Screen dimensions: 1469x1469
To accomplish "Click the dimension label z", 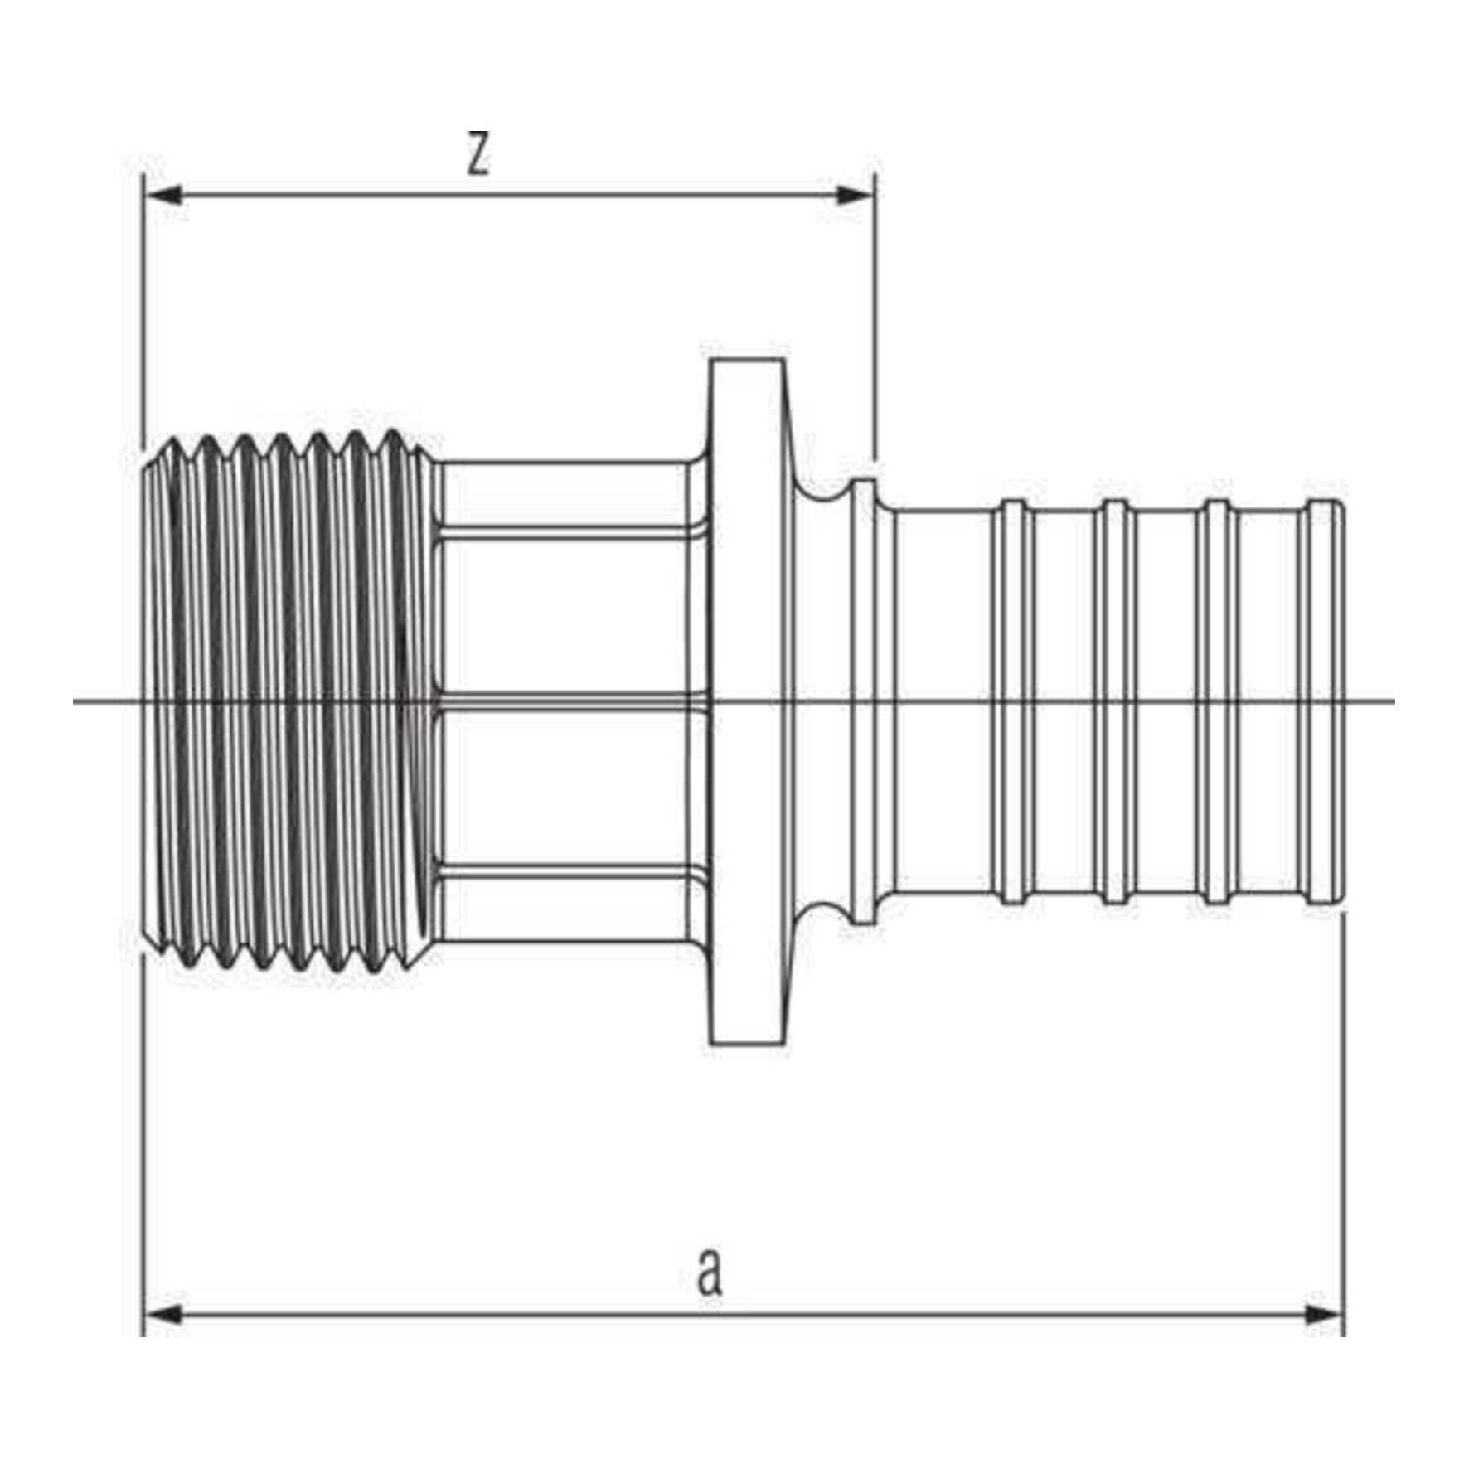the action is (x=478, y=154).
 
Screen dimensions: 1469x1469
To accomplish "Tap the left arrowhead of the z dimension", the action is (x=162, y=196).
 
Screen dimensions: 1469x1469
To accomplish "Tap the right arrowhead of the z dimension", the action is (x=856, y=196).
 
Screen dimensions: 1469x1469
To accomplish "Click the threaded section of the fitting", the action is (x=288, y=701).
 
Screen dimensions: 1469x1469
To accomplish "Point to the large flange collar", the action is (x=749, y=701).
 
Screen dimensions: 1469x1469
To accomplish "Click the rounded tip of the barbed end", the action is (x=1325, y=701).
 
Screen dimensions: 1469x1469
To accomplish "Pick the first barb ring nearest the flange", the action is (x=1014, y=701).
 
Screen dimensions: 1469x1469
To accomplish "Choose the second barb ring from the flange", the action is (x=1117, y=701).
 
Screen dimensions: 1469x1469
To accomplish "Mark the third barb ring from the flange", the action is (x=1219, y=701).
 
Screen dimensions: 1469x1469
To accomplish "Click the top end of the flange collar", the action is (x=747, y=360).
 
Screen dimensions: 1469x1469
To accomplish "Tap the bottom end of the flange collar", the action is (x=747, y=1042).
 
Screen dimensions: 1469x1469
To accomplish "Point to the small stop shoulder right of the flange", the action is (x=865, y=701).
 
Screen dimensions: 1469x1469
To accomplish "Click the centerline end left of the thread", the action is (x=75, y=701).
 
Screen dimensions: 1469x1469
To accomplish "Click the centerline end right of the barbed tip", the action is (x=1394, y=701).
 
